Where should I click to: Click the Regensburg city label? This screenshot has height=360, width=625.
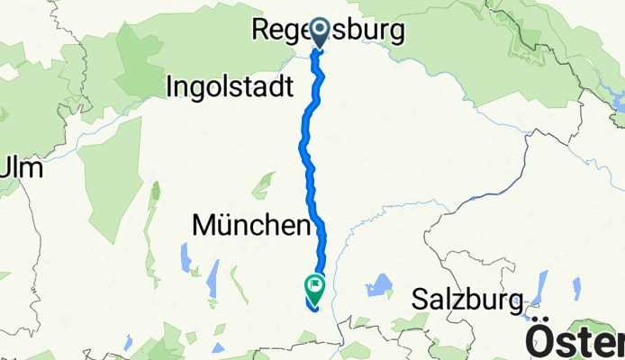pos(326,31)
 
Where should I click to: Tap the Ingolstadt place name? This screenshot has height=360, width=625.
pos(231,86)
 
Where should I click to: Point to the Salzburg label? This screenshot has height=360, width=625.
pos(467,299)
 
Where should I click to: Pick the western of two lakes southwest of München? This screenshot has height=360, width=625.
pos(186,258)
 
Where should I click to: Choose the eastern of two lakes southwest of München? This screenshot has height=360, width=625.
pos(213,279)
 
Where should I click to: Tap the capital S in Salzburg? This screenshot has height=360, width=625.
pos(421,299)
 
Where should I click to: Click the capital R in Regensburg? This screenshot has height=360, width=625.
pos(259,31)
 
